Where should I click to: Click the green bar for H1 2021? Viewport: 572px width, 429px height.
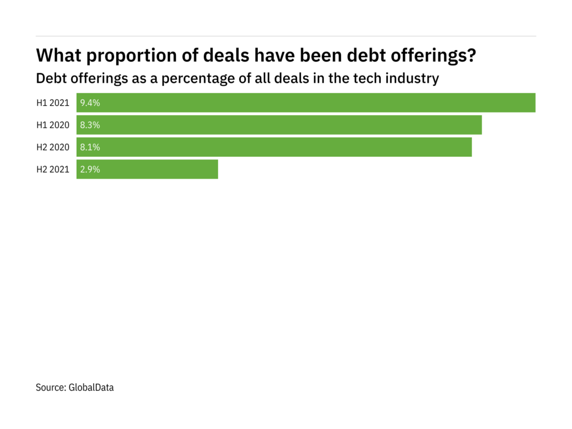point(306,103)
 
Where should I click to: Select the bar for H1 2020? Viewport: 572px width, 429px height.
point(279,125)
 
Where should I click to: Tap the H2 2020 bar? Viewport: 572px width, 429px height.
point(274,147)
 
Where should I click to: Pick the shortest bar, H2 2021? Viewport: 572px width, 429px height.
point(147,169)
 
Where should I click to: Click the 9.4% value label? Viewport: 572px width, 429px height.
point(90,103)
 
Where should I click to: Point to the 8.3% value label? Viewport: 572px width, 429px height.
point(90,125)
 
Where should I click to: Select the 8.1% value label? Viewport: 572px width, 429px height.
point(90,147)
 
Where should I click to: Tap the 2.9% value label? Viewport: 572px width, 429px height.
point(90,169)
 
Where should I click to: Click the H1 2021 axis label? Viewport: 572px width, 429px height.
point(53,103)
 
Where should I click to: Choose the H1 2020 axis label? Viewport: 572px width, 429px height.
point(53,125)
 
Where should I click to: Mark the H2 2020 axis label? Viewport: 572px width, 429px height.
point(53,147)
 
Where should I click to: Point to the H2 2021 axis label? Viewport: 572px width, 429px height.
point(53,169)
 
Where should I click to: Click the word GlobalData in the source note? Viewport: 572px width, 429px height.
point(91,388)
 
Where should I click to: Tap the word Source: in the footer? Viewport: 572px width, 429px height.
point(51,388)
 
